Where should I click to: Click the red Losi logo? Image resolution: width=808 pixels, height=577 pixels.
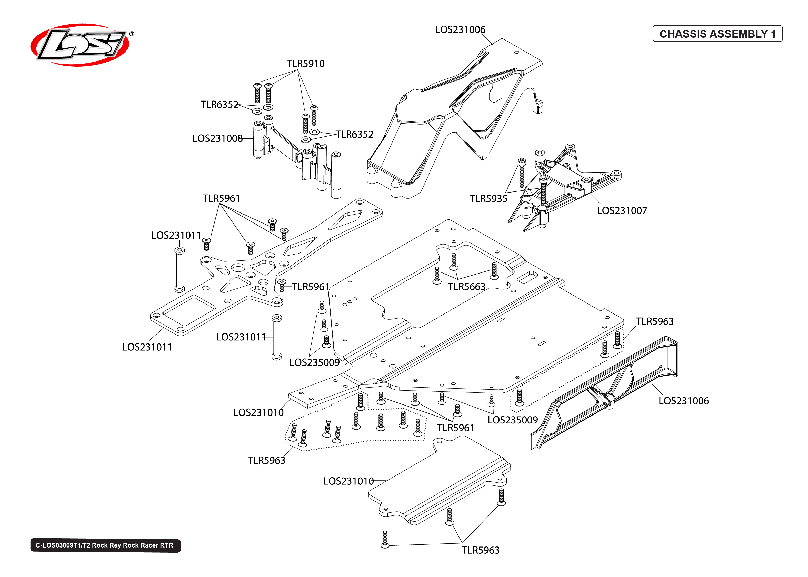coord(80,45)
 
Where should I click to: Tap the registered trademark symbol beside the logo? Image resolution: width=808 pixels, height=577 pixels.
coord(132,34)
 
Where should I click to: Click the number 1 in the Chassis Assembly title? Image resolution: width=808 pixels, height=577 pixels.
coord(773,34)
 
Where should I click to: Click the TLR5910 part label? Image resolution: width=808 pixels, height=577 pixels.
coord(306,64)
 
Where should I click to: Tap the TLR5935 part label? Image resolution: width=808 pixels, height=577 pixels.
coord(488,199)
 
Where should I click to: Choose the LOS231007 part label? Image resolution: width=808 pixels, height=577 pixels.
coord(622,211)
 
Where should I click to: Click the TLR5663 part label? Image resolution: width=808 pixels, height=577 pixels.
coord(466,287)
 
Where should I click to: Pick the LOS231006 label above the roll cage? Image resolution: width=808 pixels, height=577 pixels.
coord(460,29)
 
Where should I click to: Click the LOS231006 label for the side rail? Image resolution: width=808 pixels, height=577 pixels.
coord(684,401)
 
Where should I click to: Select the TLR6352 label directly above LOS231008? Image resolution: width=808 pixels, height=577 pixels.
coord(219,105)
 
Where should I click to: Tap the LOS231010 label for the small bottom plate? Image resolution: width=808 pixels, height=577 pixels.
coord(348,481)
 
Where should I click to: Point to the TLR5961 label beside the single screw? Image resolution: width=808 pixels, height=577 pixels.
coord(311,287)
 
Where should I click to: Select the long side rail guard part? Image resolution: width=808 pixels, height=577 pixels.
coord(604,394)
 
